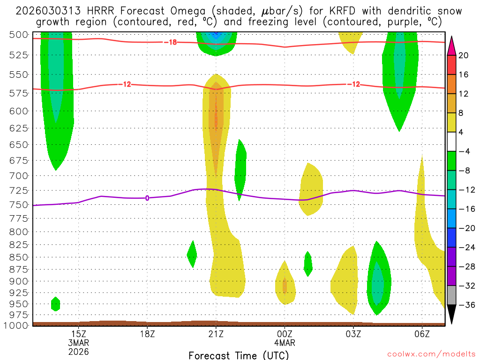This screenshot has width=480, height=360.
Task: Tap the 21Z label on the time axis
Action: [x=216, y=334]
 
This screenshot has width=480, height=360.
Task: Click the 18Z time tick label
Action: [x=147, y=334]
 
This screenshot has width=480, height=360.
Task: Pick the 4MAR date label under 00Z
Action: [x=285, y=343]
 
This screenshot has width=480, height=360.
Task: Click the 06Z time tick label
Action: [x=422, y=334]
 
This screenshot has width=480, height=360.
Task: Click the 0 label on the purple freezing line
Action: [x=147, y=198]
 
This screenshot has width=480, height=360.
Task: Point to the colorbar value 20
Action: [x=464, y=55]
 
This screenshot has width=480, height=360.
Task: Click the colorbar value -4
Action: [x=464, y=151]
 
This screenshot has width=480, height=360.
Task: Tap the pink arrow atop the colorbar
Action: [x=451, y=45]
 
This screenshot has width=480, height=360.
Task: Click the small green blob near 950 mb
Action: [x=55, y=304]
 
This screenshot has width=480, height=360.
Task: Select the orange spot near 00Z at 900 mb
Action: [x=285, y=285]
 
